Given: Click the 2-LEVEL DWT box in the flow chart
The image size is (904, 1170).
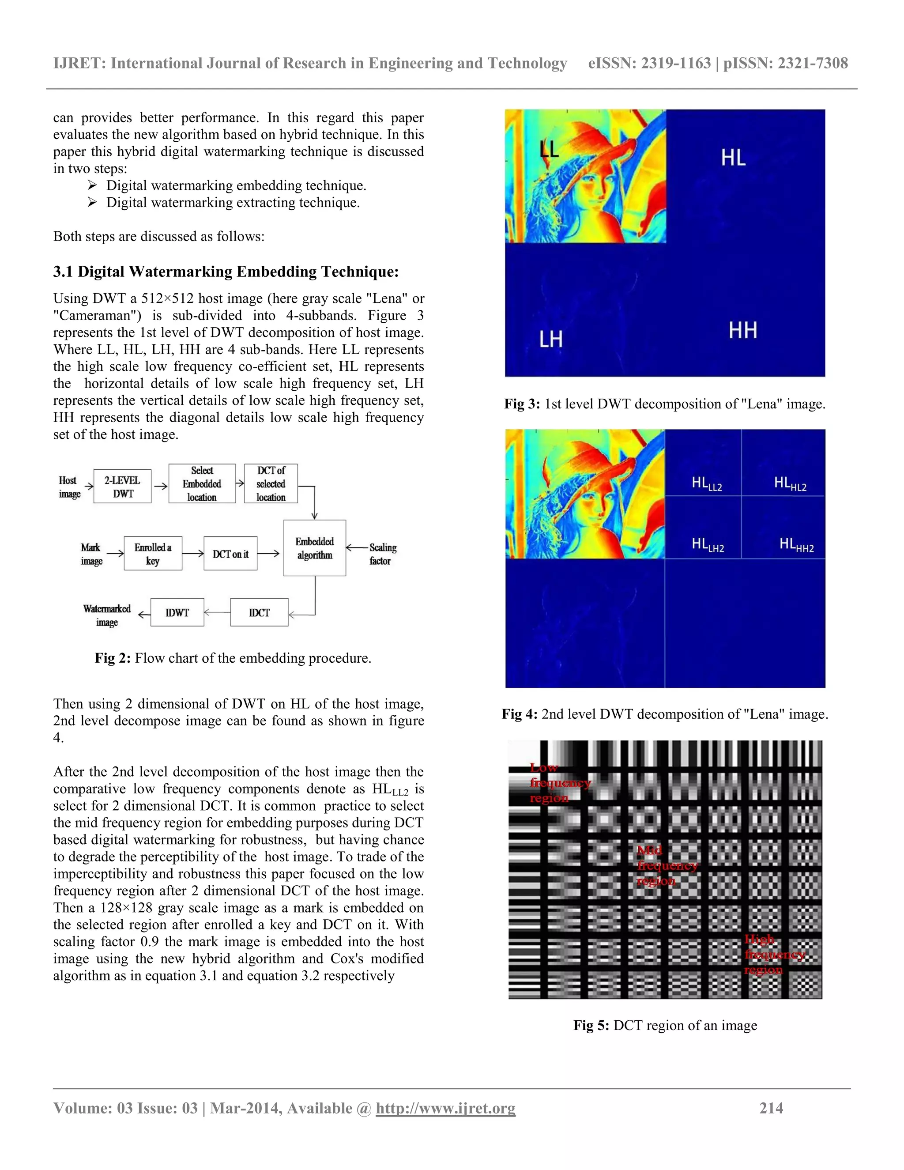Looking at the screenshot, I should pos(122,487).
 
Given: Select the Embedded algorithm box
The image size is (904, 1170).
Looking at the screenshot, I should pos(314,548).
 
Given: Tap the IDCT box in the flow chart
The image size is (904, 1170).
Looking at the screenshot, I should pos(259,612).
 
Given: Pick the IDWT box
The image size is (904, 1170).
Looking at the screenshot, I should pos(177,612).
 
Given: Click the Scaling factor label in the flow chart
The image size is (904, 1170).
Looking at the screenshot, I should pos(382,554).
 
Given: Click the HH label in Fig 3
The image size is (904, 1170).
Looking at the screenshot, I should pos(743,331).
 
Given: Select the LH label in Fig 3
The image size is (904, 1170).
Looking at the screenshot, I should pos(550,339).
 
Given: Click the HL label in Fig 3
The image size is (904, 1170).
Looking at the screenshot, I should pos(733,158).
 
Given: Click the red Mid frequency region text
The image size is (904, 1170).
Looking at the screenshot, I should pos(666,866).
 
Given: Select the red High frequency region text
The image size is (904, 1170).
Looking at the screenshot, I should pos(773,955).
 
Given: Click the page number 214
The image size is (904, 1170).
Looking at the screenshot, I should pos(771,1108).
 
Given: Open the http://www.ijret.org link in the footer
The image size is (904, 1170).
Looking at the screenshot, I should pos(445,1108).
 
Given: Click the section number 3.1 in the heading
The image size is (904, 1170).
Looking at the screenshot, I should pos(63,272).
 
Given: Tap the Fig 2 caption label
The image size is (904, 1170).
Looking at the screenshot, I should pos(113,658).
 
